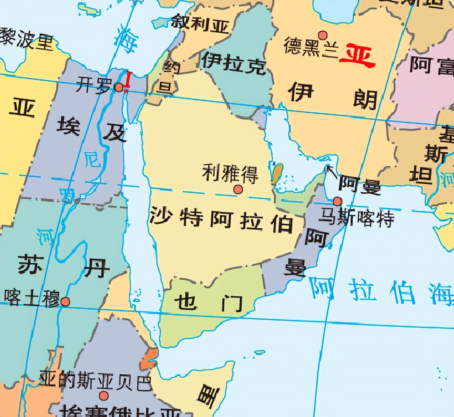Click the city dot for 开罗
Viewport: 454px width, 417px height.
pos(119,87)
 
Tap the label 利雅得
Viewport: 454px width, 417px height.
pos(230,173)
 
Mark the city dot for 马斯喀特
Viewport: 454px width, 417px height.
pos(338,201)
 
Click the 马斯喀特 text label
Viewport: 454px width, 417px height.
pos(357,218)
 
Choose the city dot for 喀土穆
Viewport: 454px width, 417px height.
pos(65,302)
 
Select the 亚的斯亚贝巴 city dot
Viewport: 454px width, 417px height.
pos(104,396)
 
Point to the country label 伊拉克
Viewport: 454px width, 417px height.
pos(233,63)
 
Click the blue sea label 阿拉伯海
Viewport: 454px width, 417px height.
pos(380,291)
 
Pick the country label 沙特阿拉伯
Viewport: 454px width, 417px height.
pos(221,220)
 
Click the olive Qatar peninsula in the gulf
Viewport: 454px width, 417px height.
pos(277,173)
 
